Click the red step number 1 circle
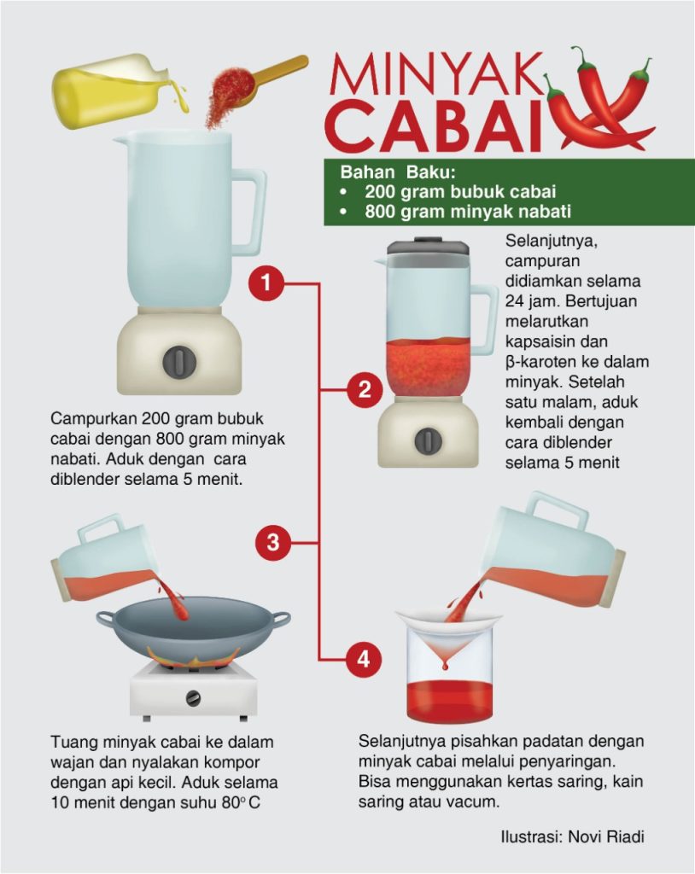[266, 283]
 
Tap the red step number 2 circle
[365, 389]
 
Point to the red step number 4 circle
[363, 660]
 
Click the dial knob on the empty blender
[179, 362]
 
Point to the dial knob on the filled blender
[429, 441]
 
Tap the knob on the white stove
[193, 698]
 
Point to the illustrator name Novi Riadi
[606, 836]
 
